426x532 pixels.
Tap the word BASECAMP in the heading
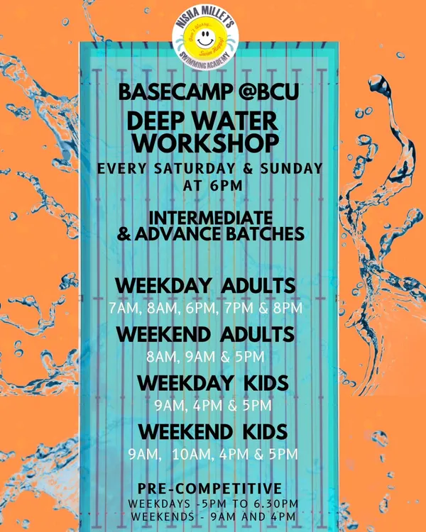coord(175,92)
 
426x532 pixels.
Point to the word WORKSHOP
coord(205,143)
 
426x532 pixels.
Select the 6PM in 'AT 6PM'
coord(227,186)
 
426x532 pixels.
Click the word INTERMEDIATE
coord(211,218)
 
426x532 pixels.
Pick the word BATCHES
coord(265,234)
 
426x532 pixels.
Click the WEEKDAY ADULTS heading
coord(205,286)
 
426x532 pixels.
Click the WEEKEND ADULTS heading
coord(205,335)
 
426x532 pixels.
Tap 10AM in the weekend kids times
coord(192,454)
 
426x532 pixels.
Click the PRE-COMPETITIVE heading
coord(209,489)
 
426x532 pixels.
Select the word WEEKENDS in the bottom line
coord(163,516)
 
